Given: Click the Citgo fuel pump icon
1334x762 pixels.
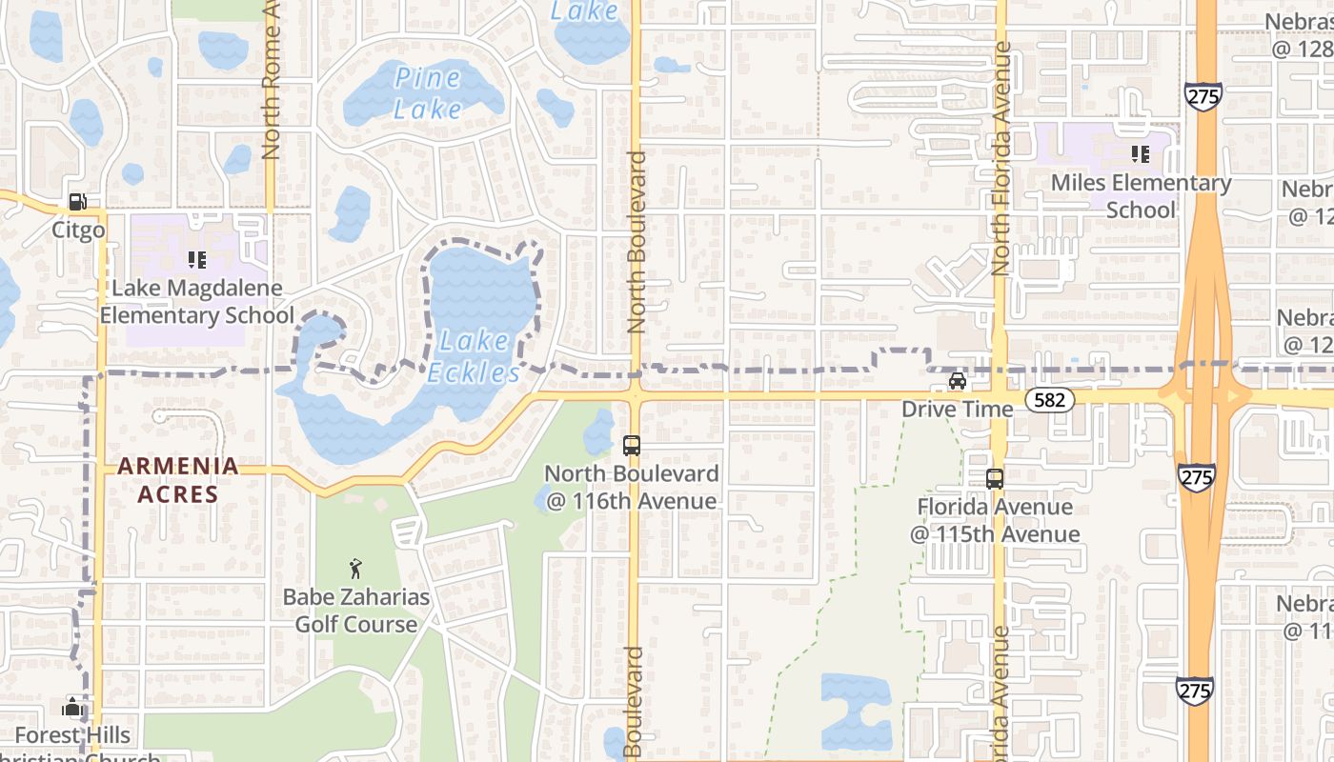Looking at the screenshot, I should point(77,202).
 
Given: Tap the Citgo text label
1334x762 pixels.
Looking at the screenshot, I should point(78,231).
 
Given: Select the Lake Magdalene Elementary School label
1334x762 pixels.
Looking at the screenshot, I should point(197,302).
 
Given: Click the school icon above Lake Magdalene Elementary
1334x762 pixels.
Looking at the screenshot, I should point(197,259).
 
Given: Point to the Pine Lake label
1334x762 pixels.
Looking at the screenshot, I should point(428,93).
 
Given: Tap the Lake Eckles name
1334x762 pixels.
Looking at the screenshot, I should point(474,356).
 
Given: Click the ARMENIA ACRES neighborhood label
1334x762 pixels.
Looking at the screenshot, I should point(178,480).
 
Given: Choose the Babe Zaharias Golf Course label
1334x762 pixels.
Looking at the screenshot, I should point(356,612).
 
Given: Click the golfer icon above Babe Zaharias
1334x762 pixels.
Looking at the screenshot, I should point(356,569).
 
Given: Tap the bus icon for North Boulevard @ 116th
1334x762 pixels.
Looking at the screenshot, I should point(631,445).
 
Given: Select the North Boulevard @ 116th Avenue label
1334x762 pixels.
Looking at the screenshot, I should point(631,487).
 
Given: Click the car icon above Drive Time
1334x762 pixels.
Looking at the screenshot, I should point(958,381).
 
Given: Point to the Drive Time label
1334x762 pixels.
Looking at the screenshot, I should point(958,410).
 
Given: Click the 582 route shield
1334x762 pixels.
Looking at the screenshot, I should point(1049,400).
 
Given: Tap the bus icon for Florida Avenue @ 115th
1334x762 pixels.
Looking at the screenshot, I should point(995,478).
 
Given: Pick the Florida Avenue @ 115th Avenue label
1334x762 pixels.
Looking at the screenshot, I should point(995,520).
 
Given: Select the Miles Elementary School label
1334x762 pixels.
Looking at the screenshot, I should point(1141,196).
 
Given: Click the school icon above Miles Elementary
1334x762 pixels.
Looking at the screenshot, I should point(1140,153).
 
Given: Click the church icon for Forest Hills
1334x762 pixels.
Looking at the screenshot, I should point(72,707).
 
